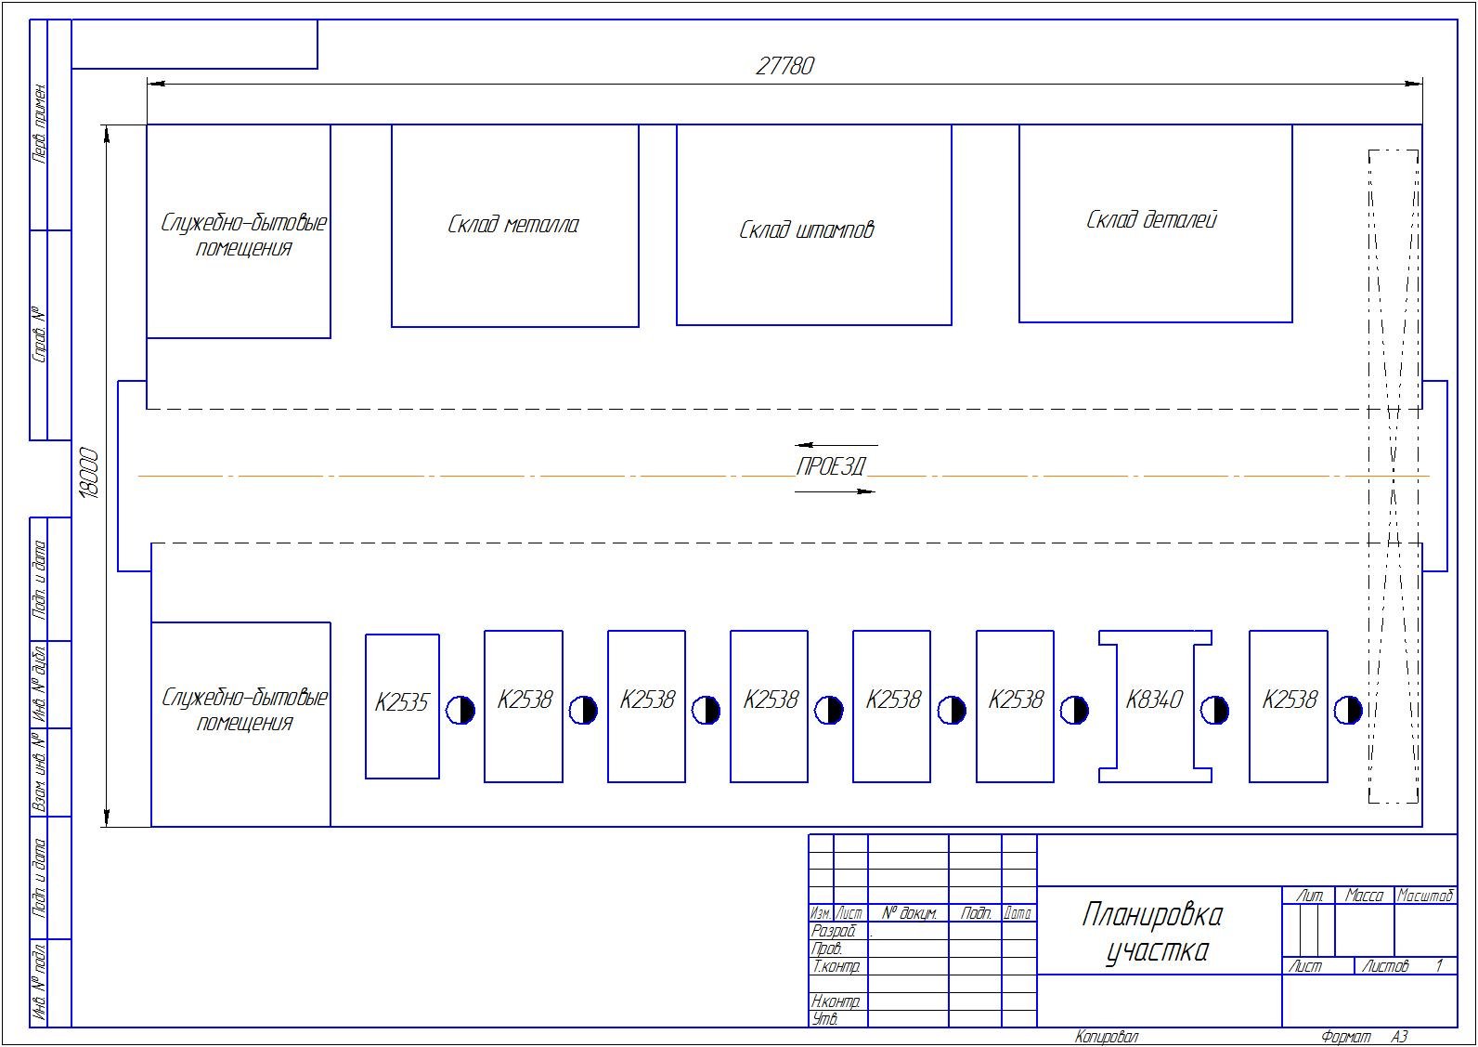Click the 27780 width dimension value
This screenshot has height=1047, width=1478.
(x=784, y=67)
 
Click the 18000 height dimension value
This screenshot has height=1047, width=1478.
(x=90, y=474)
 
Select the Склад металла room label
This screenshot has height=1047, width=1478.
(x=513, y=225)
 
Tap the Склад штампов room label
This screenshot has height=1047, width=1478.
(x=807, y=230)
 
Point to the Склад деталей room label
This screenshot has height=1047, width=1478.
(x=1151, y=220)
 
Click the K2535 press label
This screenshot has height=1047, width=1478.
(x=402, y=702)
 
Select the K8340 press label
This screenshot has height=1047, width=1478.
(x=1154, y=700)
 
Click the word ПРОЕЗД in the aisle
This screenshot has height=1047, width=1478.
(x=832, y=466)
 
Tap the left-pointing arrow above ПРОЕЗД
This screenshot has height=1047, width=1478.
(x=836, y=446)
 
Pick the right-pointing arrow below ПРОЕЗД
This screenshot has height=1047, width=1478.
(x=836, y=491)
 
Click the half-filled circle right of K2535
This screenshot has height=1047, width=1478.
(x=460, y=711)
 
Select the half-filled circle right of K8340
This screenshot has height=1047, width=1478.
(x=1214, y=711)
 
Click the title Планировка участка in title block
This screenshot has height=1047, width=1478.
(x=1153, y=933)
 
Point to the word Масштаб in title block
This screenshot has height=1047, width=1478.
(x=1425, y=896)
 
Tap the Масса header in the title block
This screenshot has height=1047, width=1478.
(x=1364, y=896)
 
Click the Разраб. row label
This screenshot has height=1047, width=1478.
(x=834, y=931)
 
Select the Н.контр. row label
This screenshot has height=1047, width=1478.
(x=836, y=1001)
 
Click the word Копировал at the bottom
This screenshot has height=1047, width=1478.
(x=1107, y=1037)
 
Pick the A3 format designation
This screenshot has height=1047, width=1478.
(x=1399, y=1037)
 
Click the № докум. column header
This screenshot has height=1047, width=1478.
(x=908, y=914)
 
